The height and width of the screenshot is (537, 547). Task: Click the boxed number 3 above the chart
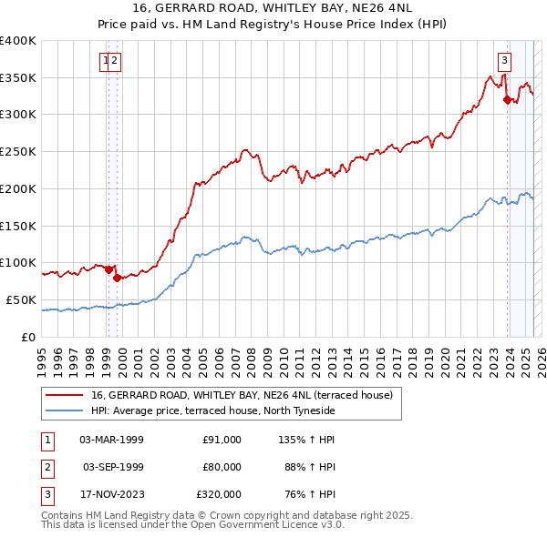pos(504,62)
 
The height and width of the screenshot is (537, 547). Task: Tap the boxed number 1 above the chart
pos(106,62)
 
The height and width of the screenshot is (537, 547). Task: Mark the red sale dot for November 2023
pos(507,100)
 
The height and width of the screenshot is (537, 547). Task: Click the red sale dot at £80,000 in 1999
pos(117,278)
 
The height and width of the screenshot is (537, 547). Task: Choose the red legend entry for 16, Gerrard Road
pos(242,396)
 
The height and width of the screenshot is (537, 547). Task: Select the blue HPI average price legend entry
pos(213,411)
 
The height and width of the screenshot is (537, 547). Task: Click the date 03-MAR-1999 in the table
pos(112,440)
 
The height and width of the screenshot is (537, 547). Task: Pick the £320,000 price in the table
pos(218,494)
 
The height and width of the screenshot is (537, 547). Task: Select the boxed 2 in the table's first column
pos(46,467)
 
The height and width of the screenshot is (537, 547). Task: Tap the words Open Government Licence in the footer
pos(259,524)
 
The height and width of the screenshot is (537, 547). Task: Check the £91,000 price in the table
pos(222,440)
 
